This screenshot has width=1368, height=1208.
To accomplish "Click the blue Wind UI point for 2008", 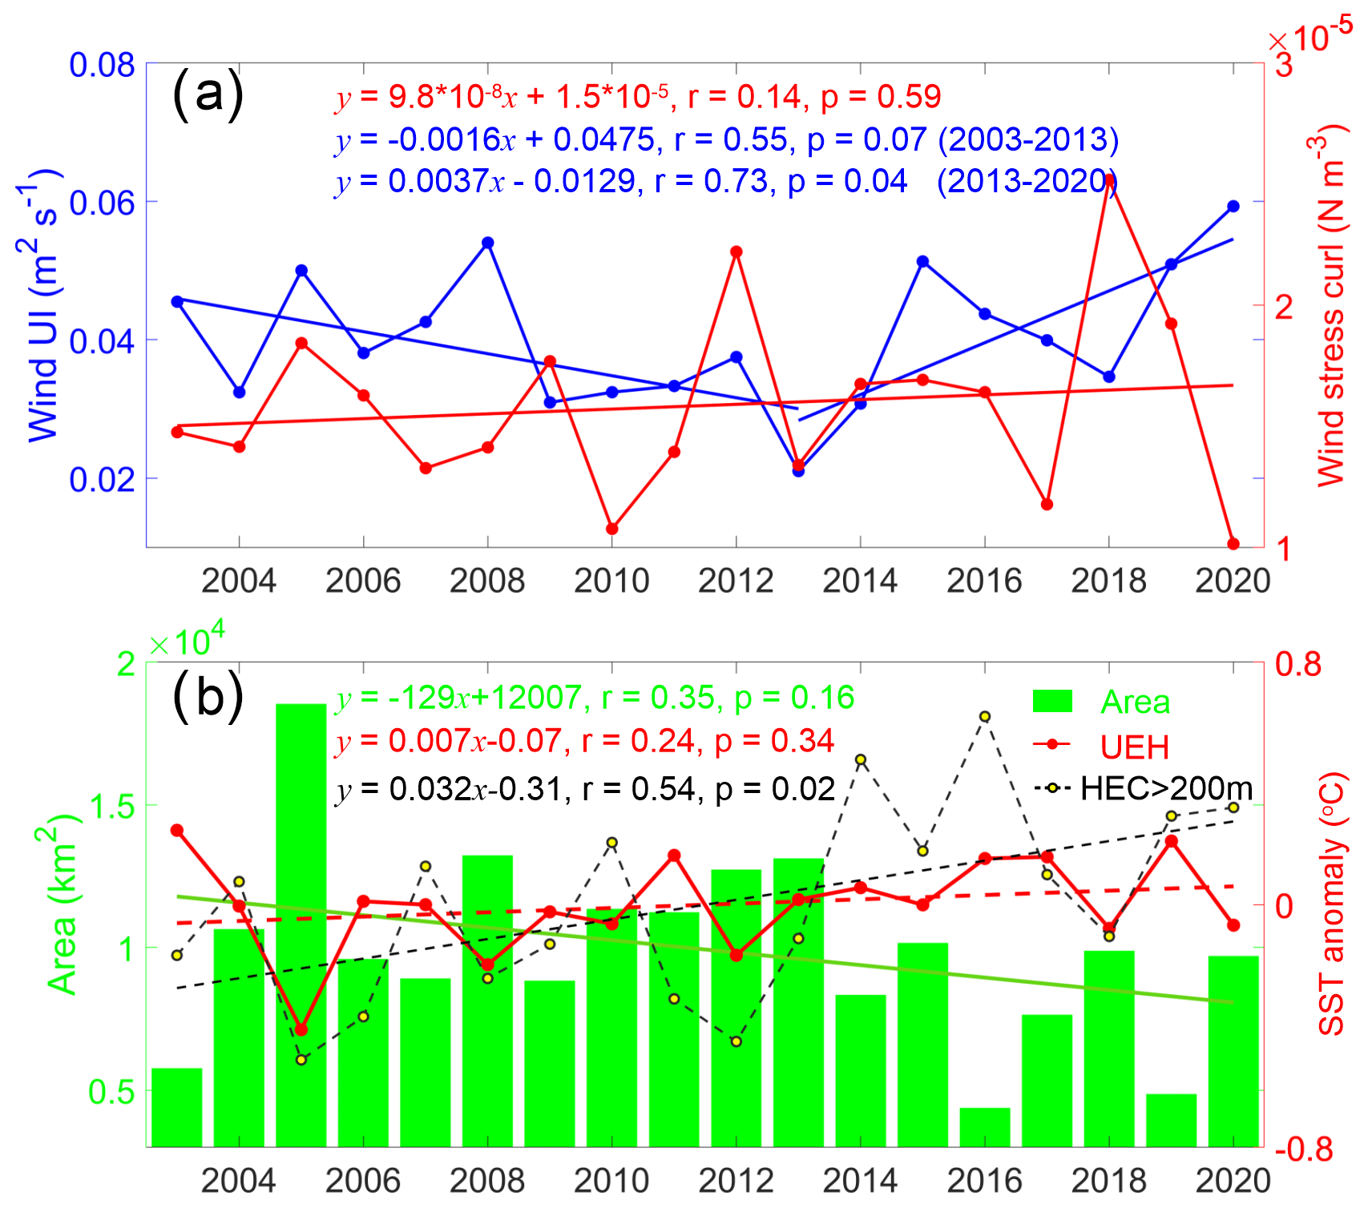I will (x=487, y=243).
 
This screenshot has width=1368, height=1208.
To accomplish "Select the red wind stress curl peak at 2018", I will (x=1109, y=179).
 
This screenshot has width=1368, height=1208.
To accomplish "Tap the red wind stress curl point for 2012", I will (x=736, y=252).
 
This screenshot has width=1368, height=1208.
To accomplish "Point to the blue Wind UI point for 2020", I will (x=1233, y=207).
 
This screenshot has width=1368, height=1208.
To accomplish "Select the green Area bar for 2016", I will (x=985, y=1126).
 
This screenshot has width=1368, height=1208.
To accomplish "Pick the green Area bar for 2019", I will (x=1171, y=1119).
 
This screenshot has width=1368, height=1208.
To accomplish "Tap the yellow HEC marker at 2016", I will (x=985, y=716).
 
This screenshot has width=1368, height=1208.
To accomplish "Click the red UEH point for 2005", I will (x=301, y=1029).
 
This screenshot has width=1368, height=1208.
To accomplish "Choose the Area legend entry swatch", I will (x=1052, y=702).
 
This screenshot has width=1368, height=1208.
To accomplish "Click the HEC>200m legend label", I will (x=1166, y=788).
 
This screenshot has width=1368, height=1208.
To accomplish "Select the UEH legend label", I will (x=1134, y=747).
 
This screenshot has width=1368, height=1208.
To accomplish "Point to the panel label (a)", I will (x=208, y=94).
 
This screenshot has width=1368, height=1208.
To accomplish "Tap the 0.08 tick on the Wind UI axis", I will (x=102, y=65).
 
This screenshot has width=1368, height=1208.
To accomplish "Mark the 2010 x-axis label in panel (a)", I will (x=611, y=581).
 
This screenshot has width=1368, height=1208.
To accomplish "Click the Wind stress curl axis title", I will (x=1330, y=304).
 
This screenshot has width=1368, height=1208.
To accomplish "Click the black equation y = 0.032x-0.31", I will (x=585, y=790).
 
